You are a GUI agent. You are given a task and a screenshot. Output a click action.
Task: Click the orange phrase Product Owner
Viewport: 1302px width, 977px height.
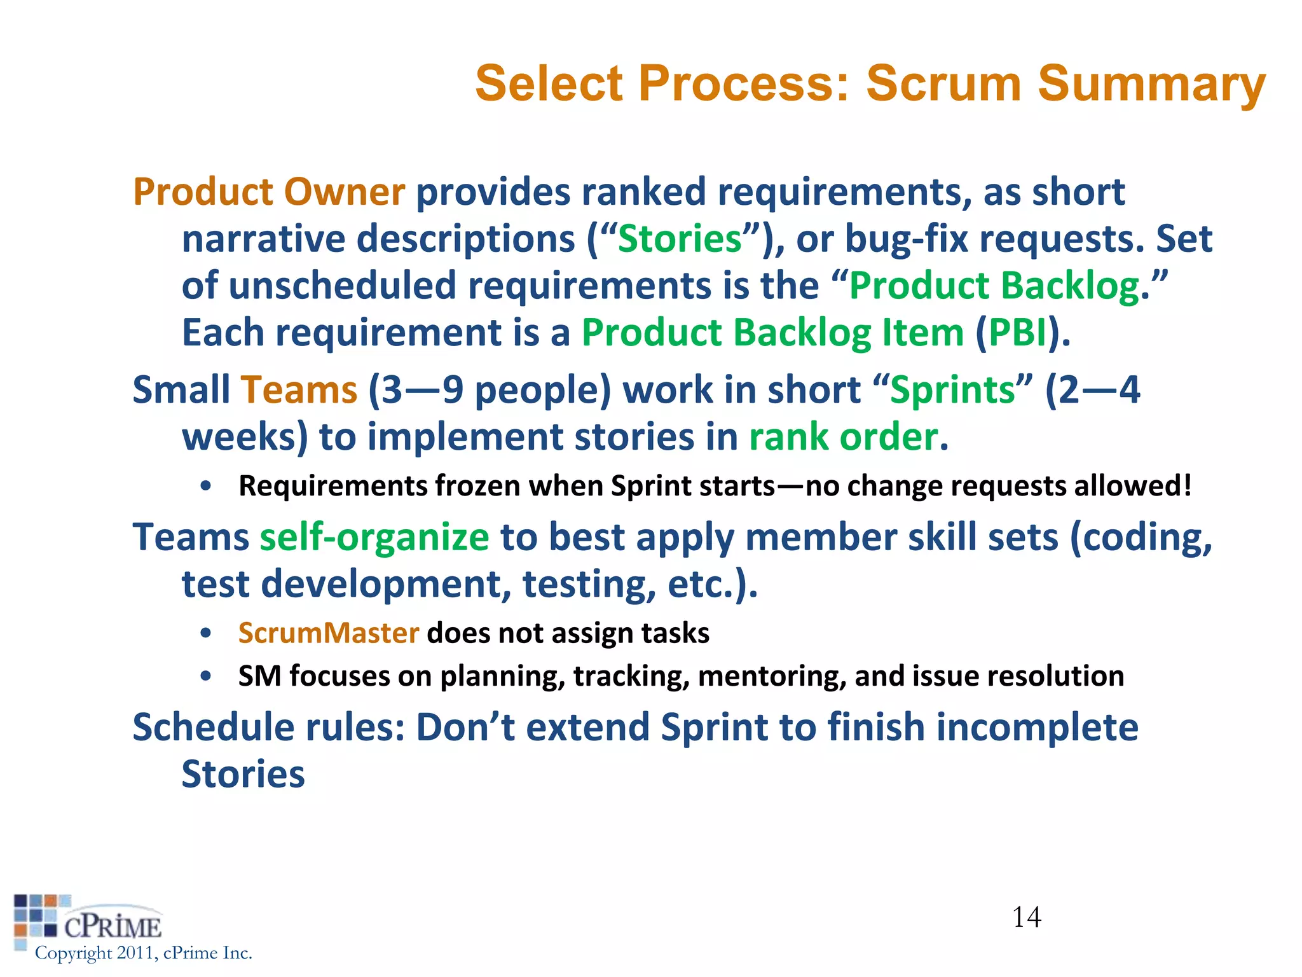point(269,192)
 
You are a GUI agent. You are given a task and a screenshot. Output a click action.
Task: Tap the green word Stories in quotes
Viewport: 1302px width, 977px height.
point(680,239)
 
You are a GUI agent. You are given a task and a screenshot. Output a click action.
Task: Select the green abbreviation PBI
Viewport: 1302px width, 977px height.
point(1018,333)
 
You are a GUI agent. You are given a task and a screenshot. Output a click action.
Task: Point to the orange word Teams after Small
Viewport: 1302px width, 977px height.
point(299,390)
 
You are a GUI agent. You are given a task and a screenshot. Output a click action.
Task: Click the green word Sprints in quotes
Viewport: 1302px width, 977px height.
point(952,390)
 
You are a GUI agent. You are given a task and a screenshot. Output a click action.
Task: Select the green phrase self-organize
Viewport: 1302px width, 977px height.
point(374,537)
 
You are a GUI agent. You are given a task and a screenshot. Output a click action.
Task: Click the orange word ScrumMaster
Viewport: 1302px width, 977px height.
point(329,634)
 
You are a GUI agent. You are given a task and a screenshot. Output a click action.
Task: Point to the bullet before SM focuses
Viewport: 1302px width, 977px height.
point(205,676)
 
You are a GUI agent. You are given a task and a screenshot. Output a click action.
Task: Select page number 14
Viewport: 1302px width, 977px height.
point(1026,917)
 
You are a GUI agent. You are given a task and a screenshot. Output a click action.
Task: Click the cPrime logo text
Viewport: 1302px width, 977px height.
point(113,927)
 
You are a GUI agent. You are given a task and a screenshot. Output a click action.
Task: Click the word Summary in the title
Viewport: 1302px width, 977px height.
point(1151,83)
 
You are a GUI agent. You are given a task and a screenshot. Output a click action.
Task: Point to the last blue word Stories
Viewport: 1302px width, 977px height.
point(243,775)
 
